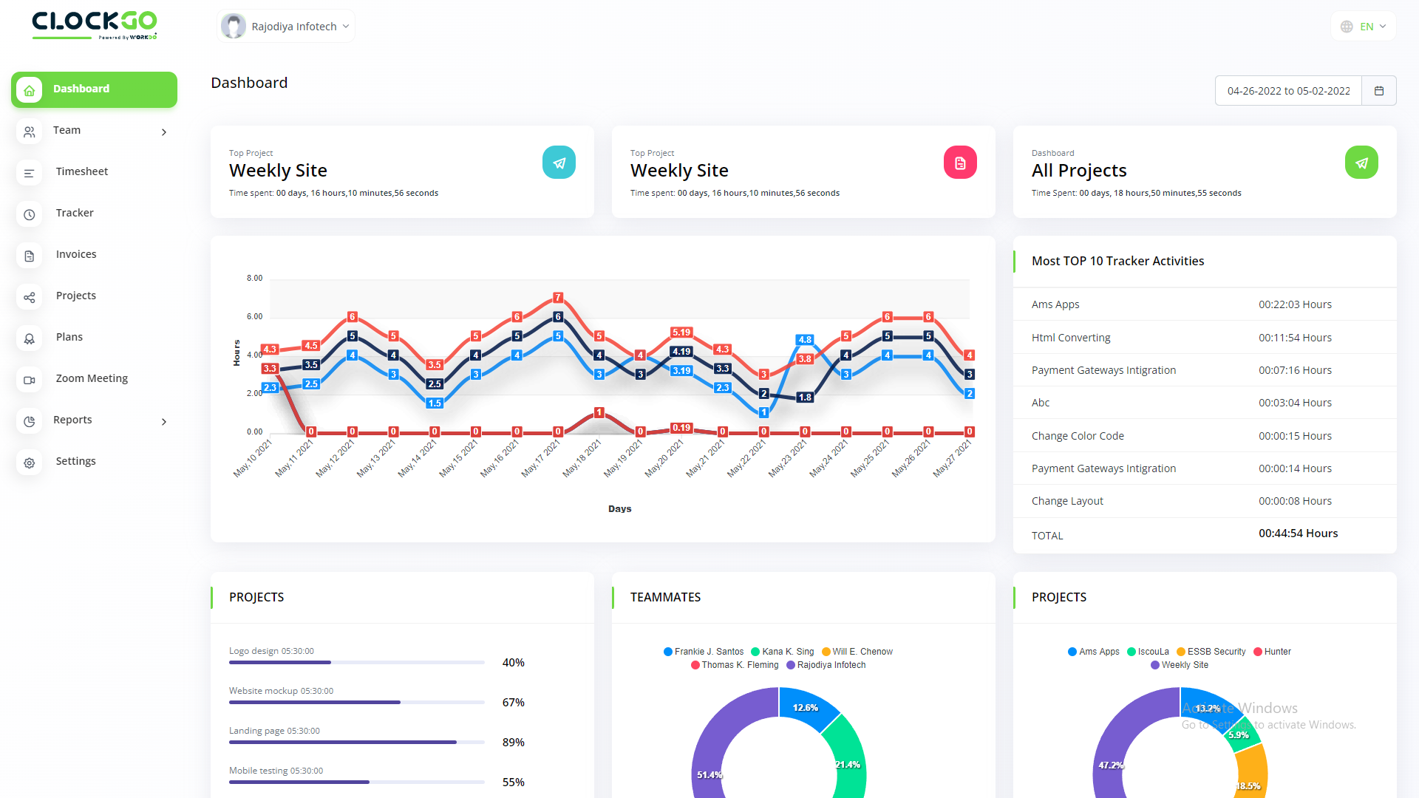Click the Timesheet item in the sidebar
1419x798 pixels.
coord(81,171)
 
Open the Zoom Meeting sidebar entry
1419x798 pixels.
coord(92,378)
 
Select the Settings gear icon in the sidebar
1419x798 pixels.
coord(30,463)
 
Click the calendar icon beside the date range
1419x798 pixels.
coord(1378,91)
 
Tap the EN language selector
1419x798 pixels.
coord(1364,27)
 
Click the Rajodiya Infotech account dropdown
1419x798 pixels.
coord(287,27)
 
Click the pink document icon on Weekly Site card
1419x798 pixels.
coord(959,163)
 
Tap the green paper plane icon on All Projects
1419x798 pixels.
coord(1361,163)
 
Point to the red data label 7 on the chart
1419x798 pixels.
coord(558,298)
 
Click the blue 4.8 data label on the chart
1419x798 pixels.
coord(805,340)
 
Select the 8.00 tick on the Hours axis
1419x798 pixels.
coord(254,279)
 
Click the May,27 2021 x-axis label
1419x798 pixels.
coord(952,459)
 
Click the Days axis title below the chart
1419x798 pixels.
coord(619,509)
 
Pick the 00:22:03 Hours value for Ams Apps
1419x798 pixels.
coord(1295,304)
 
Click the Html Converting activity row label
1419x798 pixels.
coord(1070,338)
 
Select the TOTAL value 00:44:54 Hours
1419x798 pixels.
coord(1298,533)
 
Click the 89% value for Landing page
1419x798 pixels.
coord(513,743)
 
